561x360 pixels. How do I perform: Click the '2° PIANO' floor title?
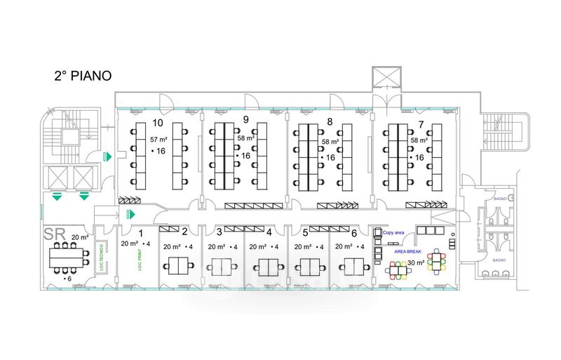pos(83,76)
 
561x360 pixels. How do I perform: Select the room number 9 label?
pos(246,119)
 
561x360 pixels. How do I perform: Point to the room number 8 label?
pos(329,122)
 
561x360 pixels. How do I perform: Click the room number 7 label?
pos(420,124)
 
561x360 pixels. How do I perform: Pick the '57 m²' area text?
pos(158,140)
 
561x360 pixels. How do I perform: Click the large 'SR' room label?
pos(55,232)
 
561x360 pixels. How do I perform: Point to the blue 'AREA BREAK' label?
pos(409,251)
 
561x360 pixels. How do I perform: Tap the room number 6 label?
pos(354,232)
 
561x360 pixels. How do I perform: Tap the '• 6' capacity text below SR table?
pos(67,279)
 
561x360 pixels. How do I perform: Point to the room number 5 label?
pos(305,232)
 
